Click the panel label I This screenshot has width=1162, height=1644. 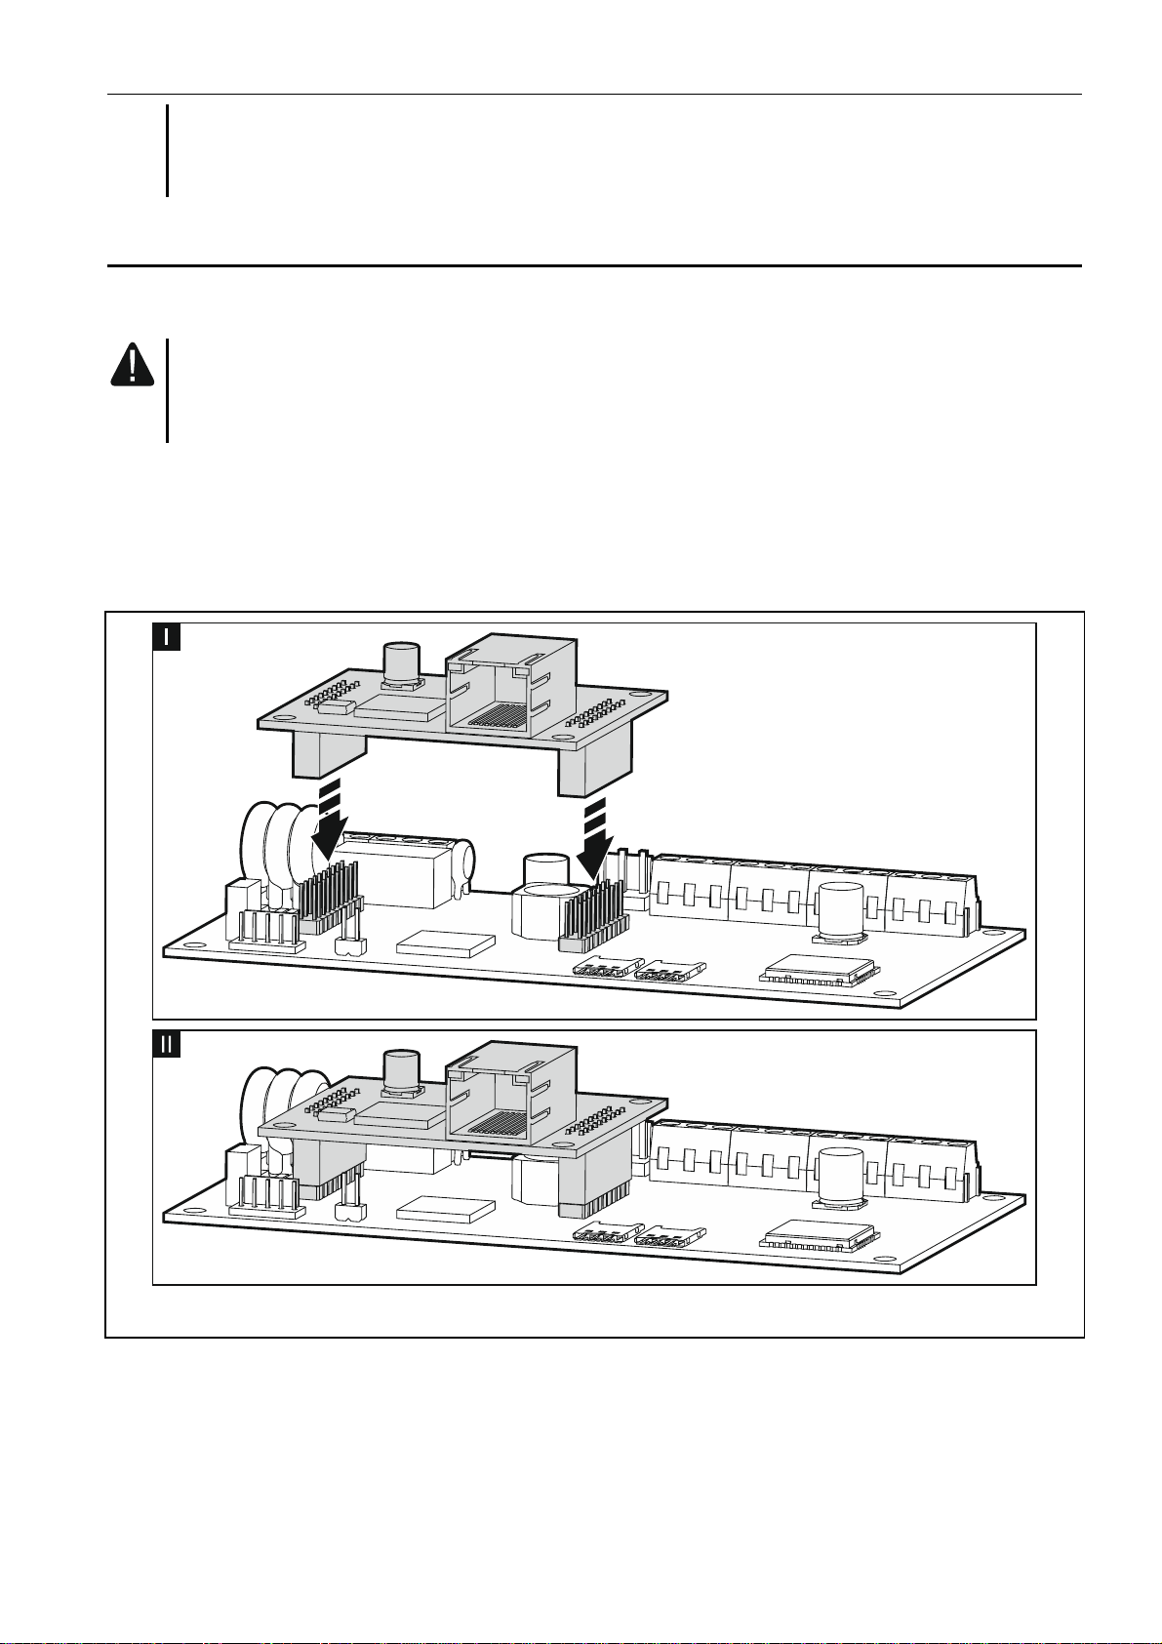point(168,638)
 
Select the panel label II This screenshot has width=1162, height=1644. point(168,1044)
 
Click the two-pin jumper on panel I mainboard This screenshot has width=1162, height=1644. point(344,943)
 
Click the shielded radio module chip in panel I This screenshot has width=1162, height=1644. point(816,972)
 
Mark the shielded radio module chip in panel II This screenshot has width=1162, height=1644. point(816,1237)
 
